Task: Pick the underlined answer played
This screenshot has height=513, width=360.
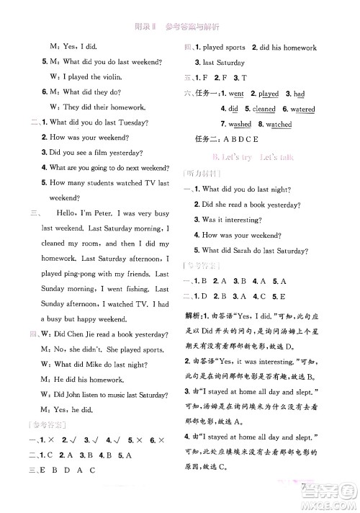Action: [x=268, y=94]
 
